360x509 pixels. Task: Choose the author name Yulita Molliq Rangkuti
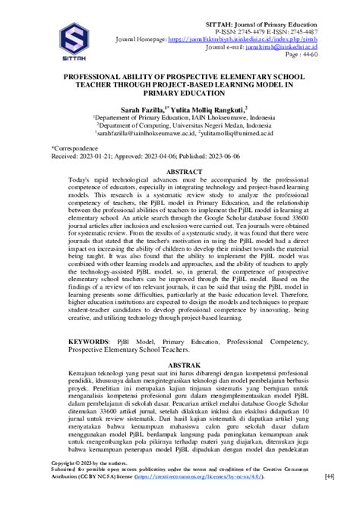(210, 109)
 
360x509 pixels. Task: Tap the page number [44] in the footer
(330, 498)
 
